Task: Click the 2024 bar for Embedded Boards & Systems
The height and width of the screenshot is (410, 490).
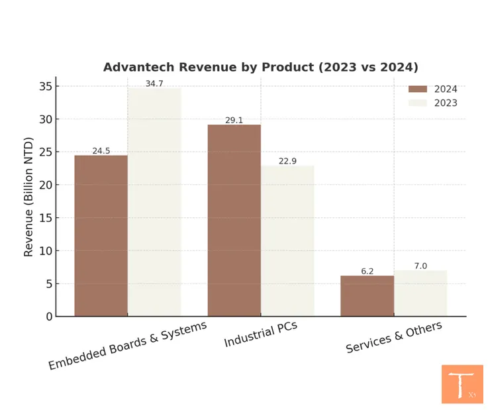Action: tap(101, 235)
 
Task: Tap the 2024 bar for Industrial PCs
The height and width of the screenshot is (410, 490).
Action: tap(234, 220)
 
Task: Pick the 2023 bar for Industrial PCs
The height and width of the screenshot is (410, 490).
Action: tap(287, 240)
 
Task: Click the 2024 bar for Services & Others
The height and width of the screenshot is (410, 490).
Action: tap(367, 295)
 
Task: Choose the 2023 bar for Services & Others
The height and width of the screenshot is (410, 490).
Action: tap(420, 293)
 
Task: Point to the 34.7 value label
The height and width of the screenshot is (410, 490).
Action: tap(154, 83)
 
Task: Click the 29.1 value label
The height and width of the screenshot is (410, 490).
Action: tap(234, 120)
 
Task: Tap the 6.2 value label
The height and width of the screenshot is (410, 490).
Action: tap(367, 272)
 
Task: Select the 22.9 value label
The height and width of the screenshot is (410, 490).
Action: tap(287, 161)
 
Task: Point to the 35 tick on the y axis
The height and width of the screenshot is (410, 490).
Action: tap(45, 86)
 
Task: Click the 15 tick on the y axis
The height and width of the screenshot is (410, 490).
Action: tap(45, 218)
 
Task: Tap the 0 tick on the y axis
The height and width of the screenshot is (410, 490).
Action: tap(48, 317)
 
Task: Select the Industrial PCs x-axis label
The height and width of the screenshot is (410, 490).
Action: tap(261, 336)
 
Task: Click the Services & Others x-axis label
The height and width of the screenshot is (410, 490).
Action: tap(394, 338)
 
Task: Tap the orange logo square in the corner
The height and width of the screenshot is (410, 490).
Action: tap(462, 384)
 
